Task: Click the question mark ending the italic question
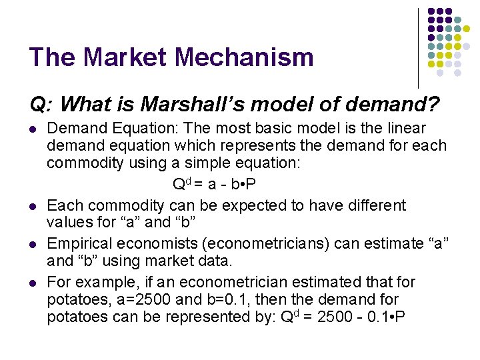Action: point(434,104)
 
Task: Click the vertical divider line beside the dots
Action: point(419,47)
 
